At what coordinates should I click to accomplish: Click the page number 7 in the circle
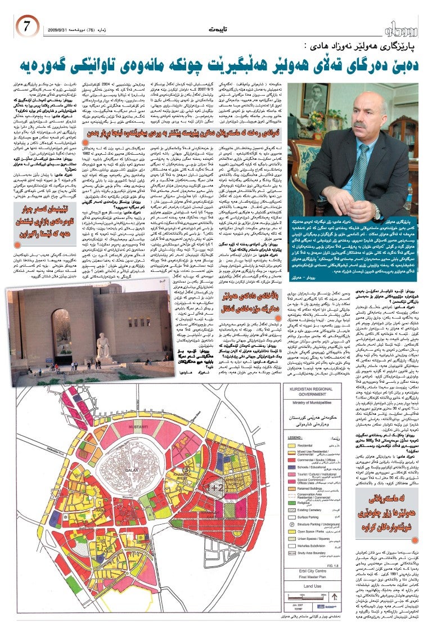[26, 26]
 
